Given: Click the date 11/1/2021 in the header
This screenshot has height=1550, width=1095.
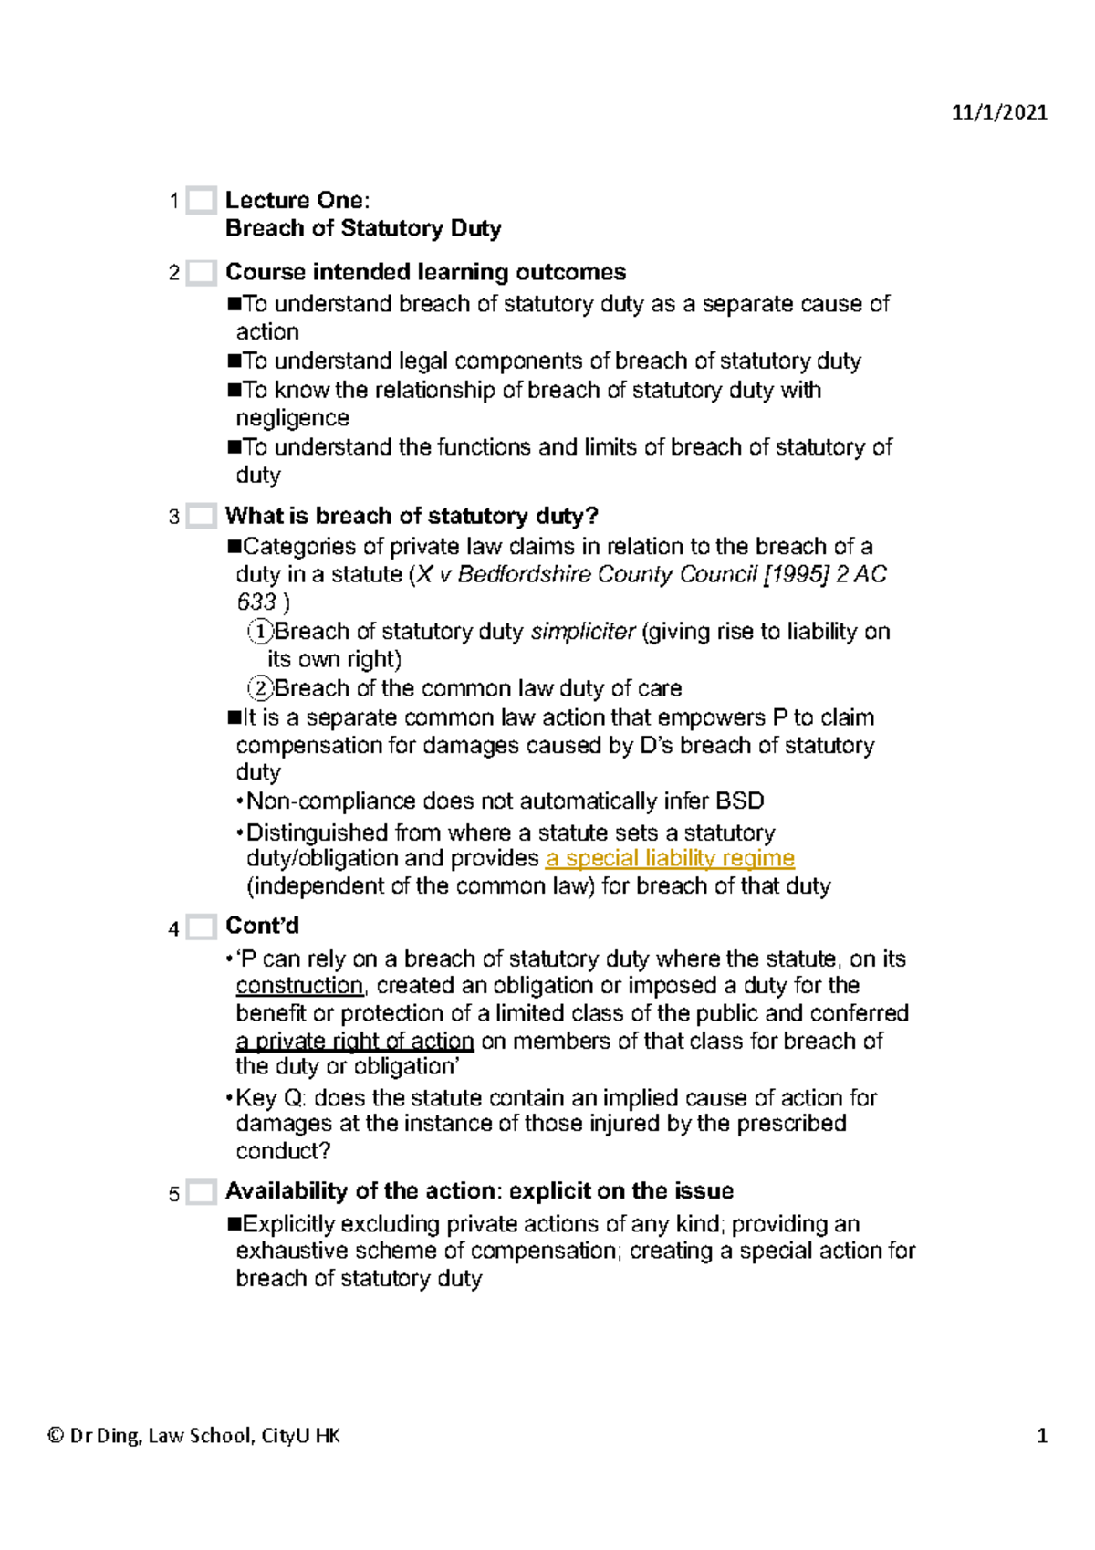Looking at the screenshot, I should tap(999, 112).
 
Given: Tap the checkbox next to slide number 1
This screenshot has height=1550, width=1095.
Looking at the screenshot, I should tap(201, 200).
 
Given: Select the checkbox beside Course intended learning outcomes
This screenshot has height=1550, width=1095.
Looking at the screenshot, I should tap(201, 272).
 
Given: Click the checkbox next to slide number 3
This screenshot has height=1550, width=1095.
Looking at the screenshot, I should tap(201, 516).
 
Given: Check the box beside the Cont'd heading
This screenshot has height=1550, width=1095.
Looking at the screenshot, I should tap(201, 927).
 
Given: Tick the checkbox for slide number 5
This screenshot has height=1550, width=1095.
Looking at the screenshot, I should tap(201, 1192).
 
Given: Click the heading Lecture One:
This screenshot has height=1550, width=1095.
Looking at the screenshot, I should tap(297, 200).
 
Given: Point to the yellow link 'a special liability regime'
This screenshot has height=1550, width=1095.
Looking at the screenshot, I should tap(670, 858).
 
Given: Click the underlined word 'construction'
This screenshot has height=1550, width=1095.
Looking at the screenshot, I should tap(299, 986).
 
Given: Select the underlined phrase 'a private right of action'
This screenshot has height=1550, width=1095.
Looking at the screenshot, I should tap(355, 1041).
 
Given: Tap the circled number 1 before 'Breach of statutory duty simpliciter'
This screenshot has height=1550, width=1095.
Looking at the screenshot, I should tap(261, 632).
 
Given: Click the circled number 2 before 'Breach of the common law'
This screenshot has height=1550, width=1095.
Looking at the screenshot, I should tap(261, 688).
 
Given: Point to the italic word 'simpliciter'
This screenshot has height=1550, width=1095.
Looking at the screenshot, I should tap(582, 632).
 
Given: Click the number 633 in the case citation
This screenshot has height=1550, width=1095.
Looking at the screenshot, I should tap(256, 602).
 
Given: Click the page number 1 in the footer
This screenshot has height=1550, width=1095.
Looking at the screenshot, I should tap(1041, 1436).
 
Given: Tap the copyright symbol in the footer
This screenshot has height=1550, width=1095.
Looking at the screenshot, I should tap(55, 1436).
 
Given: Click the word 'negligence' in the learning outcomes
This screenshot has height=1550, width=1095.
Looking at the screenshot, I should tap(292, 418).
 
